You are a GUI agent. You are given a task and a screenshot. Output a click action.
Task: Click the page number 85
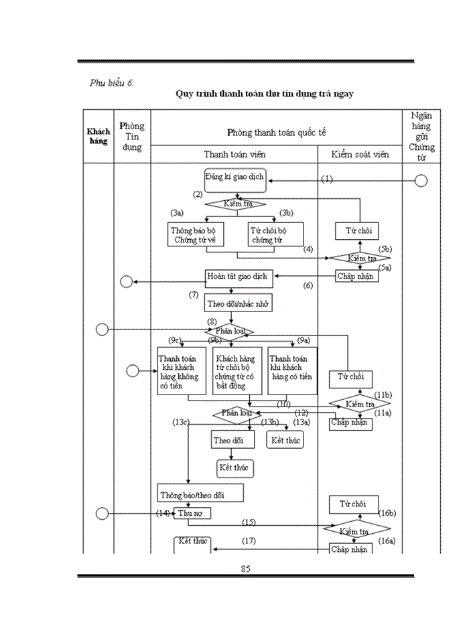click(x=245, y=569)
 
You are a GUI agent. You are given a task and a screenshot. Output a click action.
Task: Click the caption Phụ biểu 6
click(x=112, y=83)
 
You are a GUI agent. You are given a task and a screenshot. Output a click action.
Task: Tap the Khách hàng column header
click(x=98, y=137)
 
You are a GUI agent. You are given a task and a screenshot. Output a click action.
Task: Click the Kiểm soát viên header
click(x=360, y=154)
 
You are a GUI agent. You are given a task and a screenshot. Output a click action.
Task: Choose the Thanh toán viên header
click(x=234, y=154)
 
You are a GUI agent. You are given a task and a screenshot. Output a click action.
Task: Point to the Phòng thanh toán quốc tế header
click(x=276, y=133)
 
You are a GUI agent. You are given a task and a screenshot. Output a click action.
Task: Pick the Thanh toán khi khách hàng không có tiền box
click(x=182, y=370)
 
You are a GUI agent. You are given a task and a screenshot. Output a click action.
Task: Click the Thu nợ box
click(x=193, y=513)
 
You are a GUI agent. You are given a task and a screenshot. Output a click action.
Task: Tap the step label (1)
click(x=326, y=179)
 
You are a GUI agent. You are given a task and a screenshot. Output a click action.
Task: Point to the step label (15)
click(x=249, y=522)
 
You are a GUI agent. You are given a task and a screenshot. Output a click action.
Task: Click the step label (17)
click(x=249, y=540)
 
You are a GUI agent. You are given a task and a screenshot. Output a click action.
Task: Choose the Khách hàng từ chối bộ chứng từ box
click(x=237, y=370)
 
